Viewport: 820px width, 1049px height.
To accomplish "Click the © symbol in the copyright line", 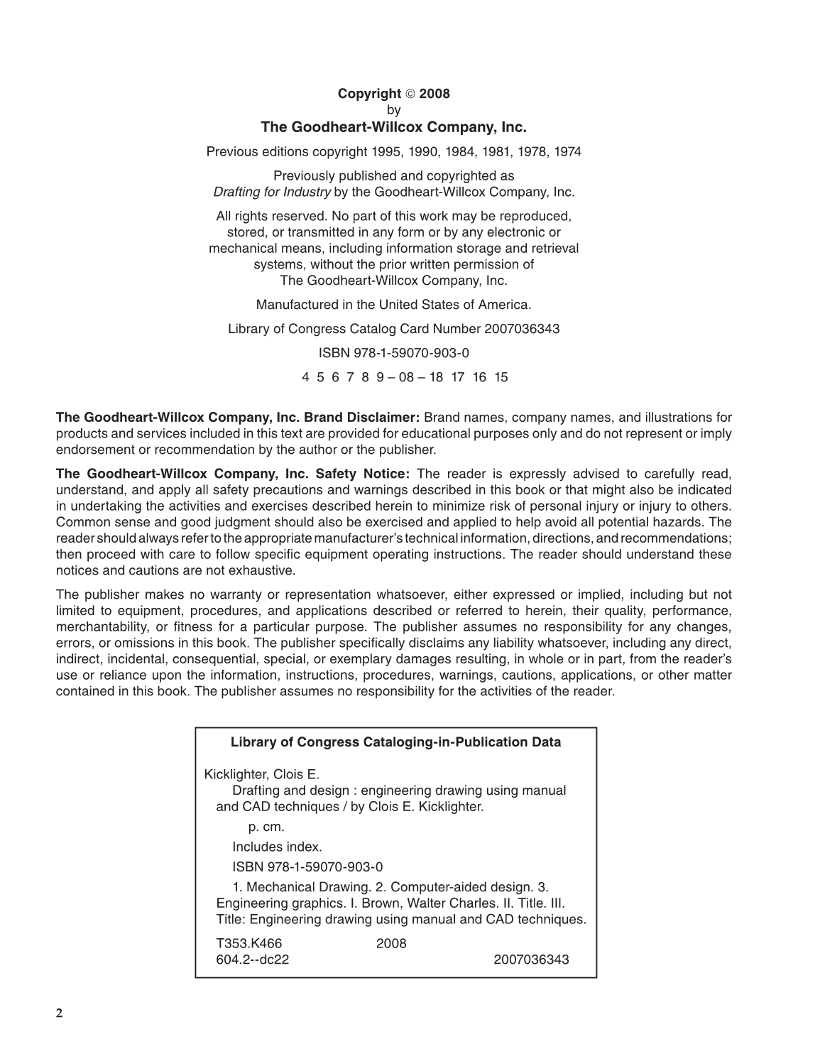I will (410, 94).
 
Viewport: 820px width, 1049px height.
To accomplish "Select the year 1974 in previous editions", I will (567, 151).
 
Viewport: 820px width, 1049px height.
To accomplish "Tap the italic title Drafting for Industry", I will (272, 192).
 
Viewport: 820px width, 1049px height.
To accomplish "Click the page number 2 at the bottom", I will (60, 1013).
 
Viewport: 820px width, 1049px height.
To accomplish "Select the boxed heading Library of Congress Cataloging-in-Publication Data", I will (395, 742).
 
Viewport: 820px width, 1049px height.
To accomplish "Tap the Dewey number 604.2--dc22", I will (252, 960).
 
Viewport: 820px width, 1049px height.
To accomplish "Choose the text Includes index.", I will (277, 847).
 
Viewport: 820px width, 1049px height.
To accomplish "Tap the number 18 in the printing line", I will (435, 377).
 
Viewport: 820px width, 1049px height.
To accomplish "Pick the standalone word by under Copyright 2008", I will (393, 110).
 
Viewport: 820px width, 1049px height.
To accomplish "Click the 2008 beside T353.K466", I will (391, 943).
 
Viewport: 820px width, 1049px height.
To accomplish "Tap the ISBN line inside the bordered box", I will (307, 866).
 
